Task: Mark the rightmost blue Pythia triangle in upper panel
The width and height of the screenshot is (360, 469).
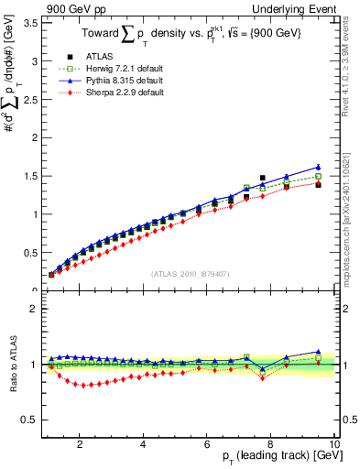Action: [318, 167]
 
